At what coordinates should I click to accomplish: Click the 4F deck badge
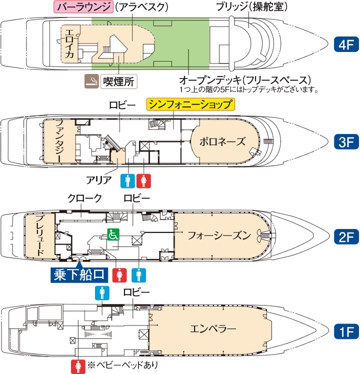pos(346,44)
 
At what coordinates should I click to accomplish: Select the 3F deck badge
pos(346,141)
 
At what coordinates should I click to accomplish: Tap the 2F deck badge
pos(346,236)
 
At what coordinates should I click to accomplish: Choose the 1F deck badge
pos(346,331)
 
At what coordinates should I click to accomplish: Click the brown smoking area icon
pos(92,81)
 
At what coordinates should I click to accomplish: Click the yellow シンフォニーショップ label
pos(190,104)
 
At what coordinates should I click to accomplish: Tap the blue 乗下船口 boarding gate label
pos(79,275)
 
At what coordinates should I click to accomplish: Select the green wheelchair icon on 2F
pos(113,234)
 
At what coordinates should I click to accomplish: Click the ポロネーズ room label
pos(222,141)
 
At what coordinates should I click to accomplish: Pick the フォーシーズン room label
pos(219,235)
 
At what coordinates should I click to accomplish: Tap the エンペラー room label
pos(213,329)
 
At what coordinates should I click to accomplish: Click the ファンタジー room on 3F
pos(59,141)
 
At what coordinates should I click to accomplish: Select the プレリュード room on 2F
pos(40,235)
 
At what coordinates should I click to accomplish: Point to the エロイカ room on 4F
pos(69,44)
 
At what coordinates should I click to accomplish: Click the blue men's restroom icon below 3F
pos(127,181)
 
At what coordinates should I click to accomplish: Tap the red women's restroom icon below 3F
pos(143,181)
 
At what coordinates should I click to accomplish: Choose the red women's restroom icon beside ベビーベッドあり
pos(78,366)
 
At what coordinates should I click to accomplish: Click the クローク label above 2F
pos(85,198)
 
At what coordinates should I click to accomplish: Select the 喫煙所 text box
pos(119,81)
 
